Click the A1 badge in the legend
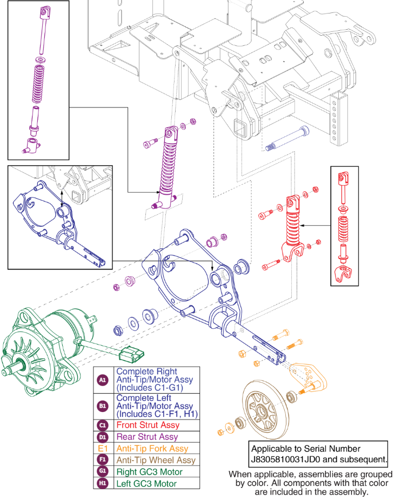click(102, 380)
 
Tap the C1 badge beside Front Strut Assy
click(102, 425)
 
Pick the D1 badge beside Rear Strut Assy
click(102, 436)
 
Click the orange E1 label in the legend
click(102, 448)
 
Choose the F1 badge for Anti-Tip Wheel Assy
click(102, 460)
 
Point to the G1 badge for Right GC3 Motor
click(102, 472)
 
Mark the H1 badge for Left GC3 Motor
click(102, 483)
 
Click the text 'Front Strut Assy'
click(144, 425)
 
